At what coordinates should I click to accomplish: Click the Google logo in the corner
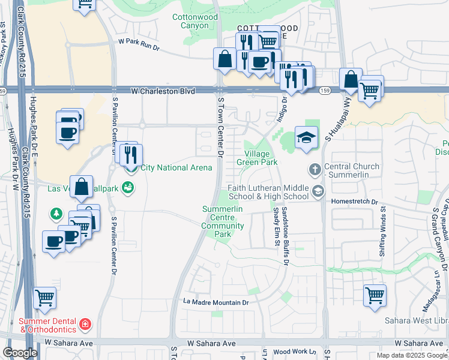coord(20,353)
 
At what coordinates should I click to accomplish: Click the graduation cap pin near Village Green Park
coord(306,137)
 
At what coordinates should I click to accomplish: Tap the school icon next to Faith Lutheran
coord(318,191)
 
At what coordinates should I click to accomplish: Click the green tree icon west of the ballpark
coord(56,213)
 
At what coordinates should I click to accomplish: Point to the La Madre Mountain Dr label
coord(215,303)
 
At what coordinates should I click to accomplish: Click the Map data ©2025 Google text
coord(412,355)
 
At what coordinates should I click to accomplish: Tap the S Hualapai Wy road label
coord(336,129)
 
